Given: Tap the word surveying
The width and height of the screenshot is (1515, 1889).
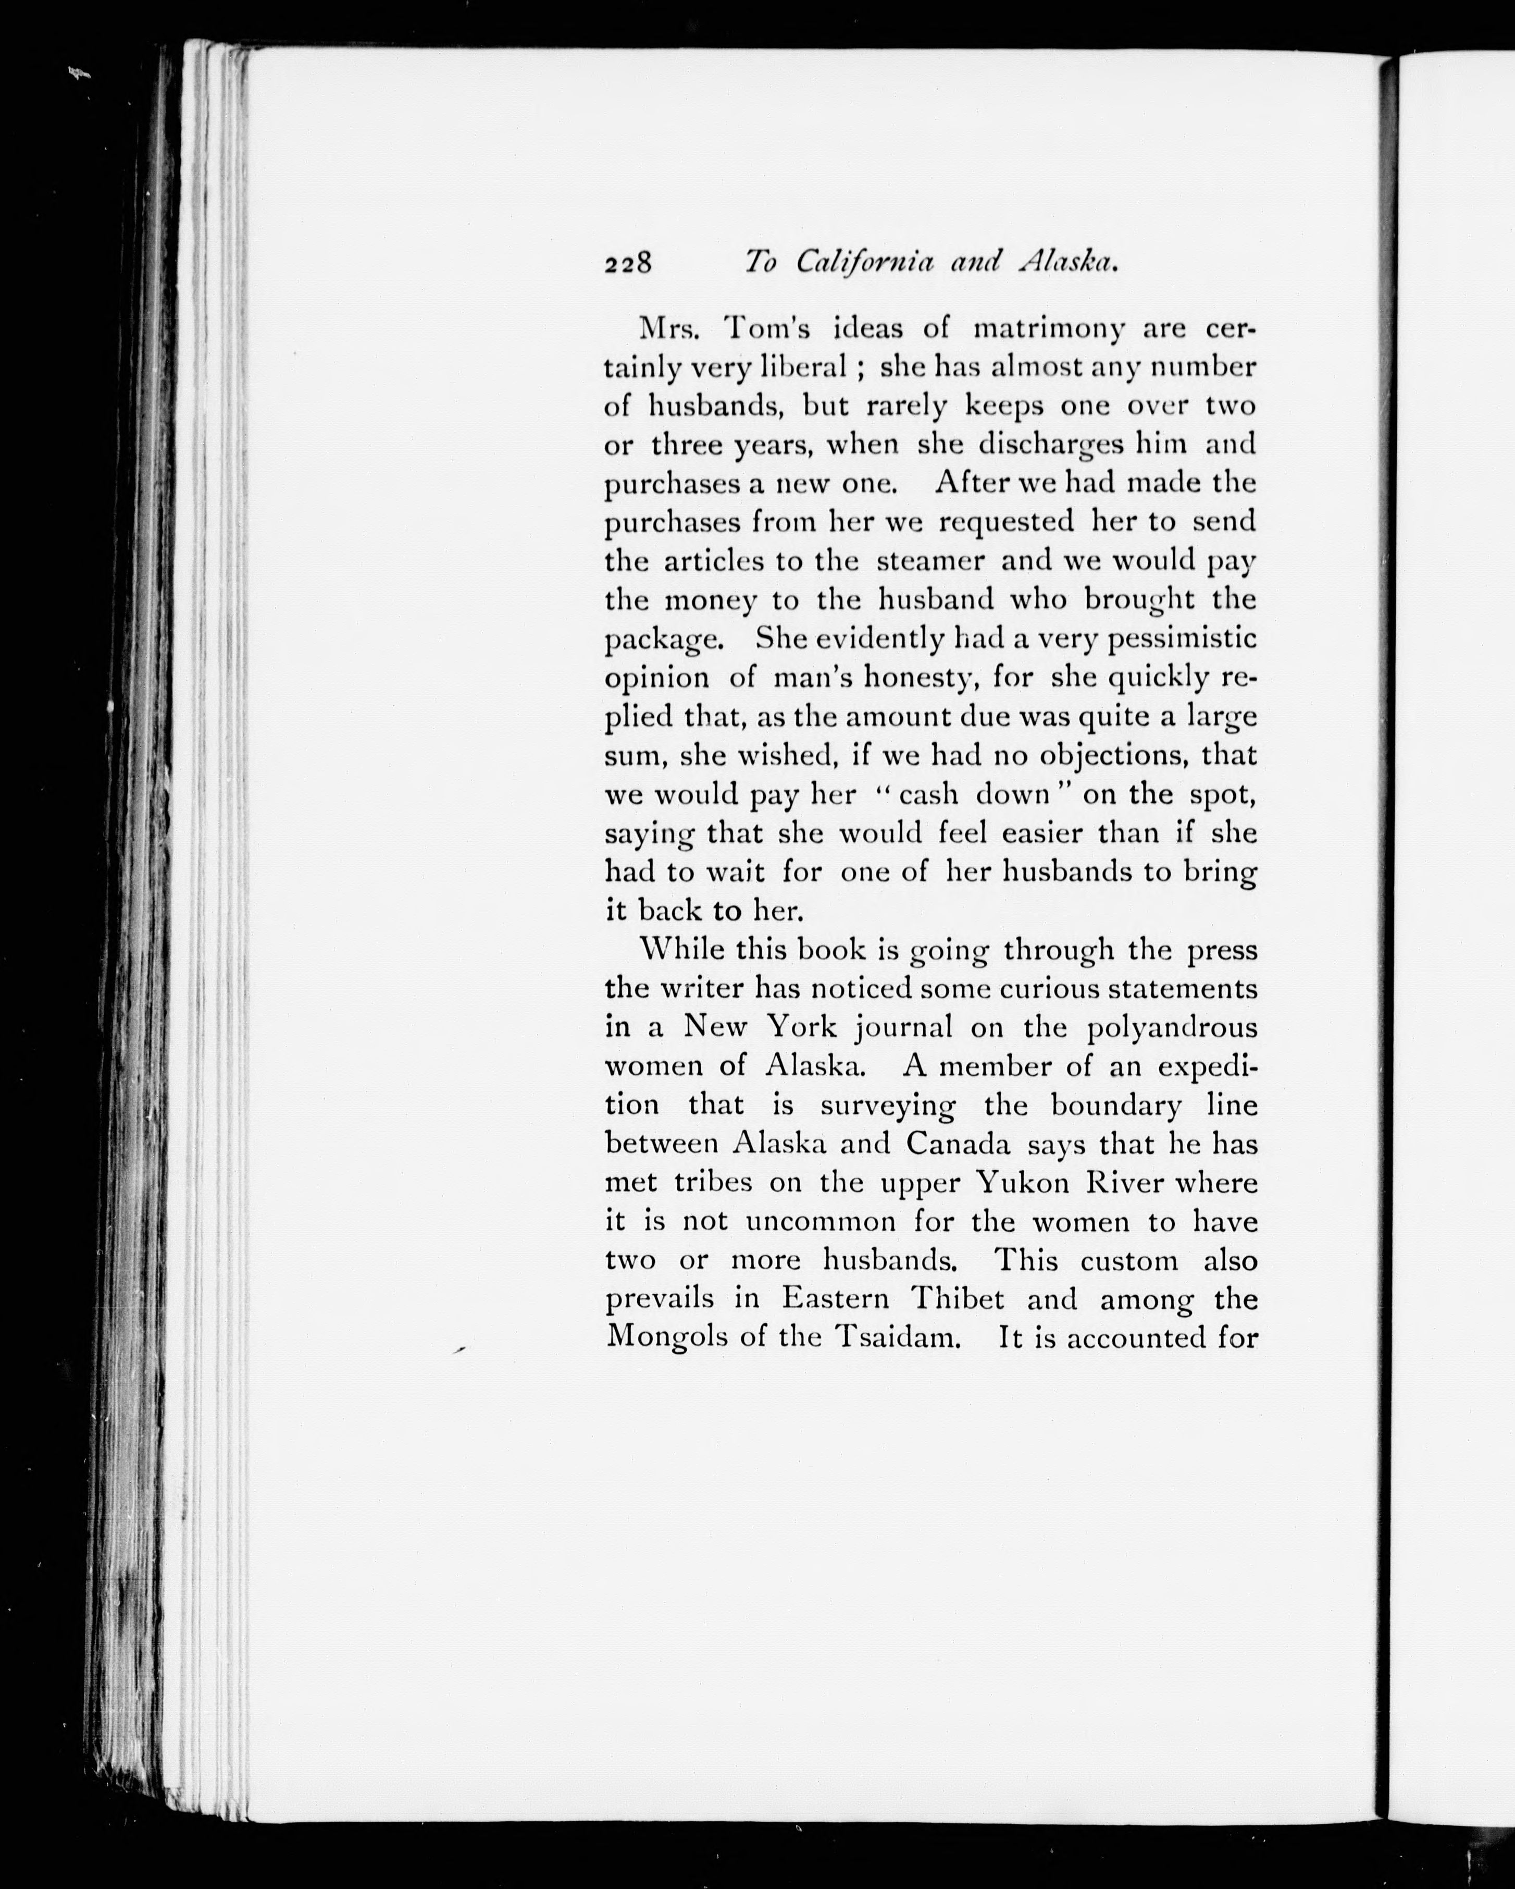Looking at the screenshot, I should (887, 1106).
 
